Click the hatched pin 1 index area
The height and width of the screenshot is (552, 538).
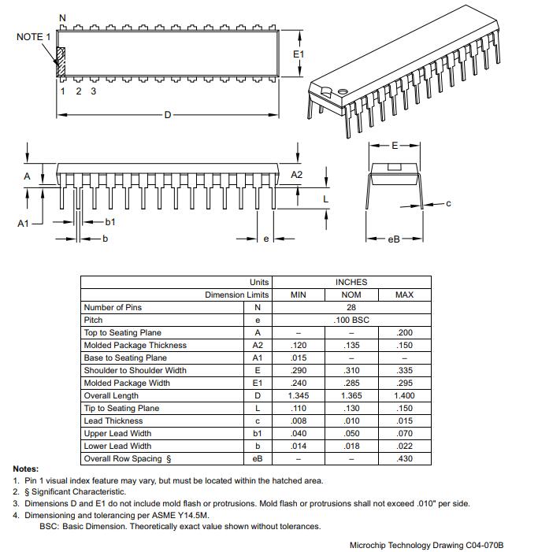[60, 61]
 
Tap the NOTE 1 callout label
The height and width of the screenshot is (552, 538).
[34, 37]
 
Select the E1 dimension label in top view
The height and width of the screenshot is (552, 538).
[299, 54]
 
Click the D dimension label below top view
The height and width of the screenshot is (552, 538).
[167, 115]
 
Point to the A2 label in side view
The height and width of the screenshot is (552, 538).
[297, 174]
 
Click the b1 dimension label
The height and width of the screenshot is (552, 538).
[110, 222]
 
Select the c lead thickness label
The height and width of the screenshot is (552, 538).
[448, 203]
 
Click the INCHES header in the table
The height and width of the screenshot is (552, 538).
[351, 282]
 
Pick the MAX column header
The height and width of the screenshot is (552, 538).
[404, 295]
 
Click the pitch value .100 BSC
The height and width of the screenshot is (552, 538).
[351, 320]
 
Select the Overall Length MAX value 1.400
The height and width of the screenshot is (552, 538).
[404, 395]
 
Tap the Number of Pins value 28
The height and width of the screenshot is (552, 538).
[351, 307]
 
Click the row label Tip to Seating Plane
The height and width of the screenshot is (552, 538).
[121, 408]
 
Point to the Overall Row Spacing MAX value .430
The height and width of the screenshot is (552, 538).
[404, 458]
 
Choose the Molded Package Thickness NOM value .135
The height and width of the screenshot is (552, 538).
[351, 345]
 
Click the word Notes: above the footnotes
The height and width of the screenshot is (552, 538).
[26, 469]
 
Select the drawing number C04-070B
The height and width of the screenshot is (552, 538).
[484, 545]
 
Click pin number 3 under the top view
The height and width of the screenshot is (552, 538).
[93, 91]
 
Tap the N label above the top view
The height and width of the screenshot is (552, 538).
[63, 17]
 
